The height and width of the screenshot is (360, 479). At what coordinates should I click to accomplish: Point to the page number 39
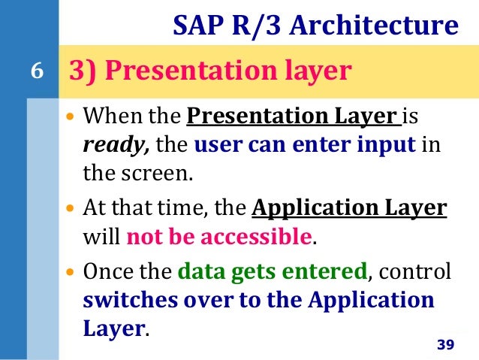click(445, 344)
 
